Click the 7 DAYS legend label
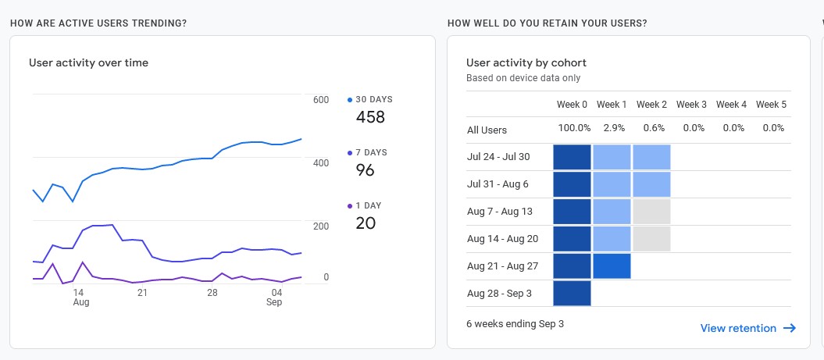(371, 153)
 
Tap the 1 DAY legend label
(368, 206)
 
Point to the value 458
(370, 117)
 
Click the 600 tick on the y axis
(320, 100)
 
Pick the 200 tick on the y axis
(320, 226)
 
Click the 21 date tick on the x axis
(142, 293)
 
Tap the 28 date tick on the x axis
(212, 293)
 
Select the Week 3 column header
(691, 105)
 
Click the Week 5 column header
(771, 105)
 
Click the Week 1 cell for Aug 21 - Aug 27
(612, 266)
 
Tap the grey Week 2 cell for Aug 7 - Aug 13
(651, 211)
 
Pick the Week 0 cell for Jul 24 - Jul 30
(572, 157)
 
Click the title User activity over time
(88, 63)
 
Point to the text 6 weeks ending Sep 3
(515, 323)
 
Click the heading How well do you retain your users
(547, 23)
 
